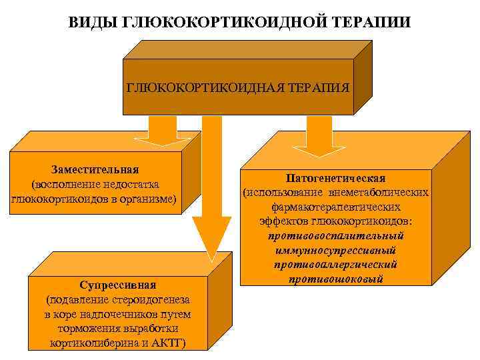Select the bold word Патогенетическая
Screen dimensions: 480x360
335,179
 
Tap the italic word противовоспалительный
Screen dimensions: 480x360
335,235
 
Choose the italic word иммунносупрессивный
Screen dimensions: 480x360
335,250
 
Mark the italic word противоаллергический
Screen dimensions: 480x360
335,264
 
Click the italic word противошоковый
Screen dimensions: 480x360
335,279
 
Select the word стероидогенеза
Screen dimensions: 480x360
144,301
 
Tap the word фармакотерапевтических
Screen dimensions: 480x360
335,207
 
